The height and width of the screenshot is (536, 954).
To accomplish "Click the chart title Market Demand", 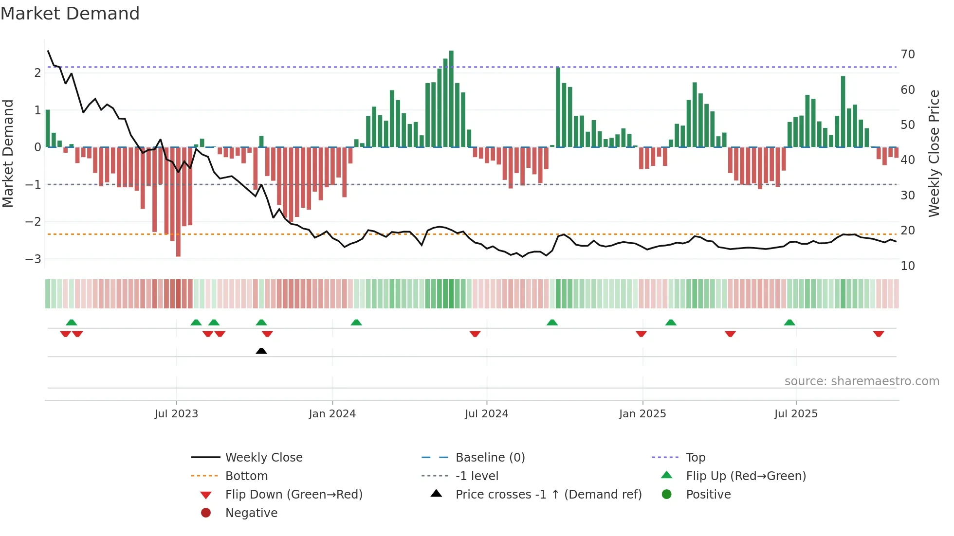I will [70, 14].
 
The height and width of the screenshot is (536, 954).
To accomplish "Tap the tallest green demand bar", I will [451, 97].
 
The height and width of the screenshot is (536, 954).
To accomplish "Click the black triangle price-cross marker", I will [261, 351].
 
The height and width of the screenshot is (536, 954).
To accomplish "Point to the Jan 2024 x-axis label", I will [332, 414].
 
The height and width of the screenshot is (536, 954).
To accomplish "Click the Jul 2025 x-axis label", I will [796, 414].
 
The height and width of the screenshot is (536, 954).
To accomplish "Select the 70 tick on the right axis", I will [908, 54].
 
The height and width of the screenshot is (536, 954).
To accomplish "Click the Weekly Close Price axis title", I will [934, 153].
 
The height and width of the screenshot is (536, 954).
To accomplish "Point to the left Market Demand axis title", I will [8, 153].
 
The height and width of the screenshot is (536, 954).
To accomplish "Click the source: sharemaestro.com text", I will [862, 381].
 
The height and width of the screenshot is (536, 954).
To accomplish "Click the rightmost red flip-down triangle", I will [878, 334].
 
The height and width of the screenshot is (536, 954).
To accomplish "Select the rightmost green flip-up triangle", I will [789, 322].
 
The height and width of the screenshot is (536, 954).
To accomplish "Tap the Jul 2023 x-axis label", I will [176, 414].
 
